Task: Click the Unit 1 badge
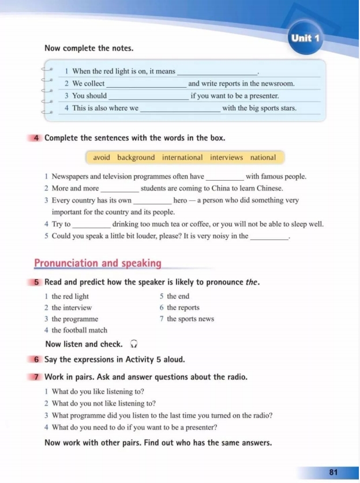click(305, 39)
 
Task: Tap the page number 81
click(333, 472)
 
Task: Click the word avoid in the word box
click(102, 158)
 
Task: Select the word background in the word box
click(136, 158)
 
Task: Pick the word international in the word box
click(182, 158)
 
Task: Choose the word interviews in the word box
click(227, 158)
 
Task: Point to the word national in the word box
click(263, 158)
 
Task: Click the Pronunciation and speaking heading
click(97, 264)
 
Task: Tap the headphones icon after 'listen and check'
click(134, 344)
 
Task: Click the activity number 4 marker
click(36, 138)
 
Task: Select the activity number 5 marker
click(36, 283)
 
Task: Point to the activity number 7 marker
click(36, 377)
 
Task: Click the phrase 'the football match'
click(80, 330)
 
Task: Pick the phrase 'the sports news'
click(190, 319)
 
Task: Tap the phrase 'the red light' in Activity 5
click(70, 297)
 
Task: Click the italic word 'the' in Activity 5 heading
click(252, 283)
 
